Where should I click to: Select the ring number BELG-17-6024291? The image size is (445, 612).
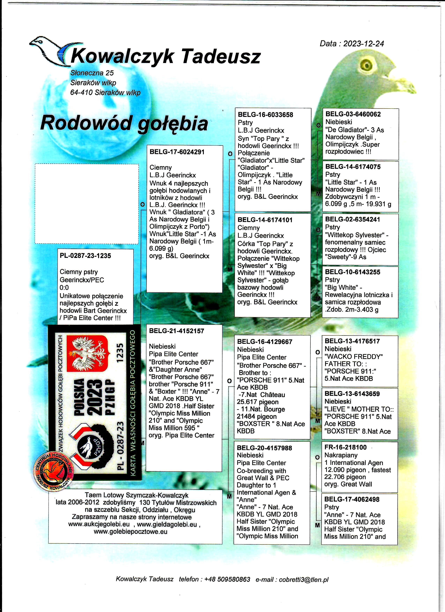[177, 152]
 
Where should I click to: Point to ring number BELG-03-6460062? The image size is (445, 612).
[353, 114]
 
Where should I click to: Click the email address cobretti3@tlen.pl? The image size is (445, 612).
[304, 579]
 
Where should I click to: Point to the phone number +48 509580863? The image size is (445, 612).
[227, 579]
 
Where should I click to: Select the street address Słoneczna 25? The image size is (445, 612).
[92, 73]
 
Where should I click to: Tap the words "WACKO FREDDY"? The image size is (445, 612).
[354, 357]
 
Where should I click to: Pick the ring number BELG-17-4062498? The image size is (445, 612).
[352, 499]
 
